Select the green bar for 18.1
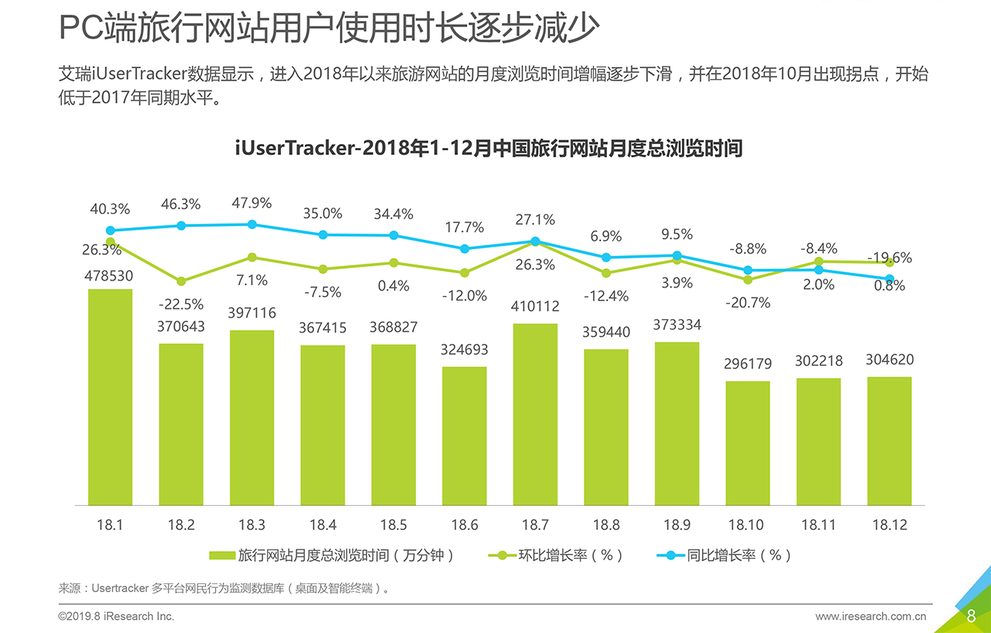(110, 397)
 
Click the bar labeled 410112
(535, 414)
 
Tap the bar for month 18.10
(747, 442)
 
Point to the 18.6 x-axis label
(465, 525)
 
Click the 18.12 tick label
(889, 525)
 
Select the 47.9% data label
(252, 203)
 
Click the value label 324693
(465, 349)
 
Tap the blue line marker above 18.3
(252, 225)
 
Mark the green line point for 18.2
(181, 281)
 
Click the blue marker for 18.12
(890, 279)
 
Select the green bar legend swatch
(222, 556)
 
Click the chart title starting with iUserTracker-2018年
(489, 148)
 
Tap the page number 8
(971, 616)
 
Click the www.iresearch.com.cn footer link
(870, 617)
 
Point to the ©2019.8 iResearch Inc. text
(116, 617)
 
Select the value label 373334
(677, 325)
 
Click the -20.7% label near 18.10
(747, 303)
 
